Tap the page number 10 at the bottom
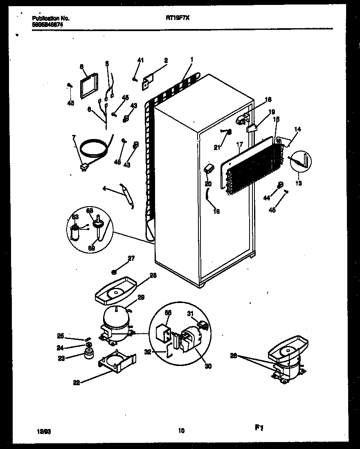(x=181, y=430)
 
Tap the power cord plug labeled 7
(x=84, y=166)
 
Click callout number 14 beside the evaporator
(x=297, y=129)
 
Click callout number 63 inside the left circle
(x=75, y=217)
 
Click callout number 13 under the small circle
(x=299, y=183)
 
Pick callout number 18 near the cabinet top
(x=268, y=99)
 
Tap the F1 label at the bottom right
(x=259, y=428)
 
